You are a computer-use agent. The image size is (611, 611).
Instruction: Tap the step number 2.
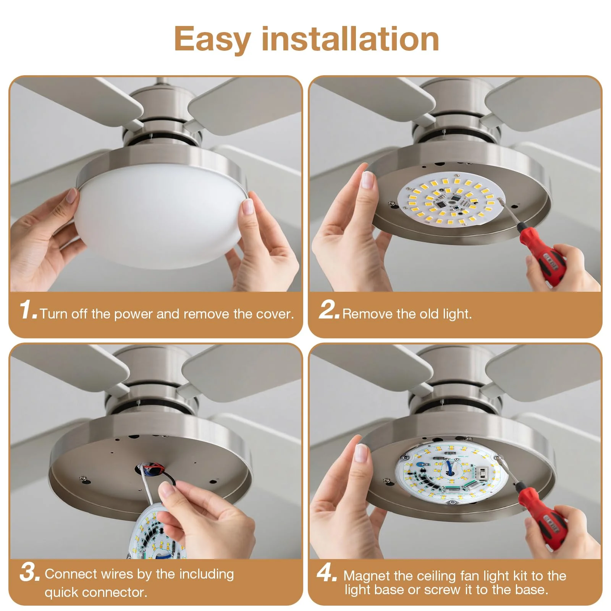(328, 310)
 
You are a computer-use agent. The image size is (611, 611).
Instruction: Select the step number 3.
(29, 572)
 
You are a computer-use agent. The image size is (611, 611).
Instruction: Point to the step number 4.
(327, 572)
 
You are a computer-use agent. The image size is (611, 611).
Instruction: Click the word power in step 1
(134, 315)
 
